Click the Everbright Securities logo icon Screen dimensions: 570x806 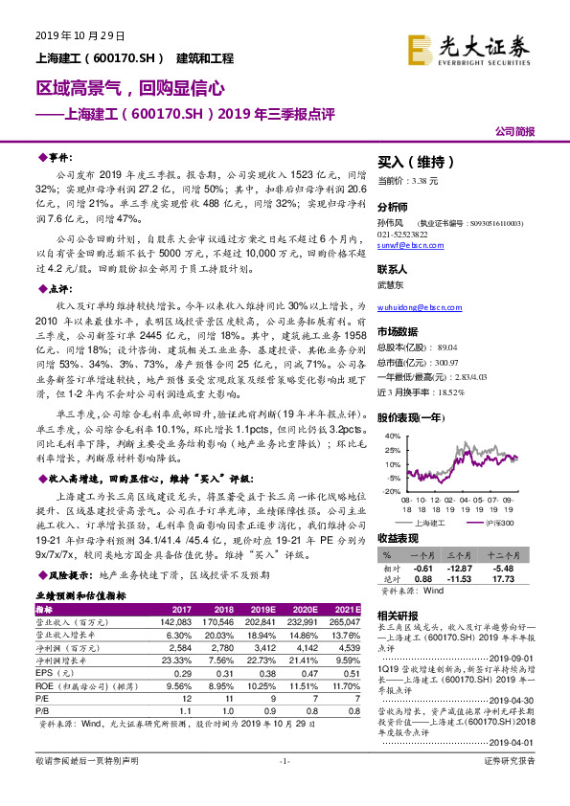click(421, 48)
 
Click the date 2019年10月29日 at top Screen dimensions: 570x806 click(80, 35)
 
